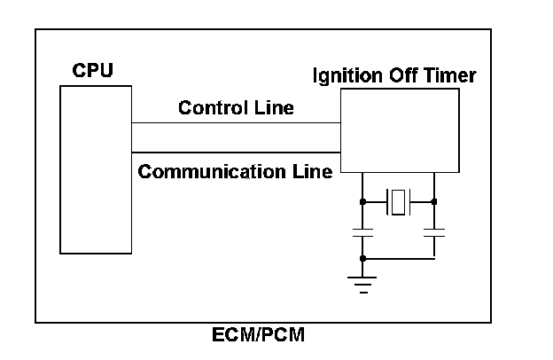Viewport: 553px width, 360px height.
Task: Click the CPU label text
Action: (92, 70)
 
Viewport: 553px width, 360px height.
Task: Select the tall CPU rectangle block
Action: (96, 168)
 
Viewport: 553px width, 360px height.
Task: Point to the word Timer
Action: (452, 76)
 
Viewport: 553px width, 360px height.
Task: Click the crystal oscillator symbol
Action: (399, 202)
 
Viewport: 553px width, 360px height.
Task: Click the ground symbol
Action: (362, 283)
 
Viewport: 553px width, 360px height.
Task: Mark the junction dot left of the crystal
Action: (362, 202)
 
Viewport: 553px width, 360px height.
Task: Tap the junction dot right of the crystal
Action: (434, 202)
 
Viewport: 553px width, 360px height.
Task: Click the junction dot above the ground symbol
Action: (362, 258)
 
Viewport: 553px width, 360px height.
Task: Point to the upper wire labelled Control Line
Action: (236, 122)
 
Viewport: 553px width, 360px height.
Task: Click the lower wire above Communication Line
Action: (236, 151)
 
